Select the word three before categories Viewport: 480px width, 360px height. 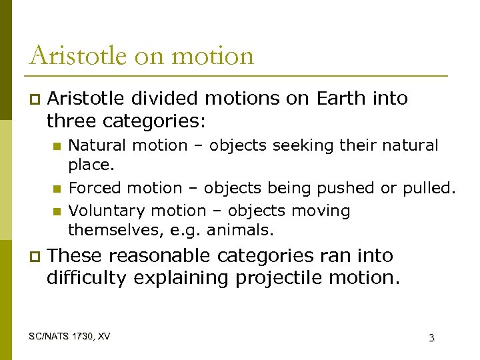click(x=71, y=121)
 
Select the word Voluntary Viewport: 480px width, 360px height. click(x=107, y=211)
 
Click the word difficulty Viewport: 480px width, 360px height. click(x=86, y=278)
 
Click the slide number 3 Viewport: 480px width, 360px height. click(x=431, y=338)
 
